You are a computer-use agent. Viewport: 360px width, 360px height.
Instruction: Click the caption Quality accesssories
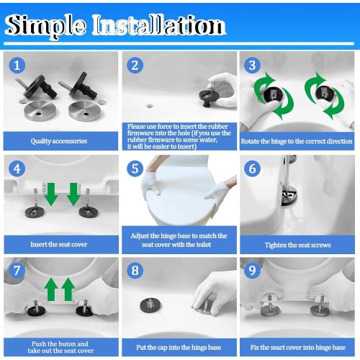[x=59, y=141]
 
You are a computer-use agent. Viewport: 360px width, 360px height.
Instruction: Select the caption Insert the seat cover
[x=59, y=244]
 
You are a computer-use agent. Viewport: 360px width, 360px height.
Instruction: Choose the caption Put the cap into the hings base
[x=178, y=347]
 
